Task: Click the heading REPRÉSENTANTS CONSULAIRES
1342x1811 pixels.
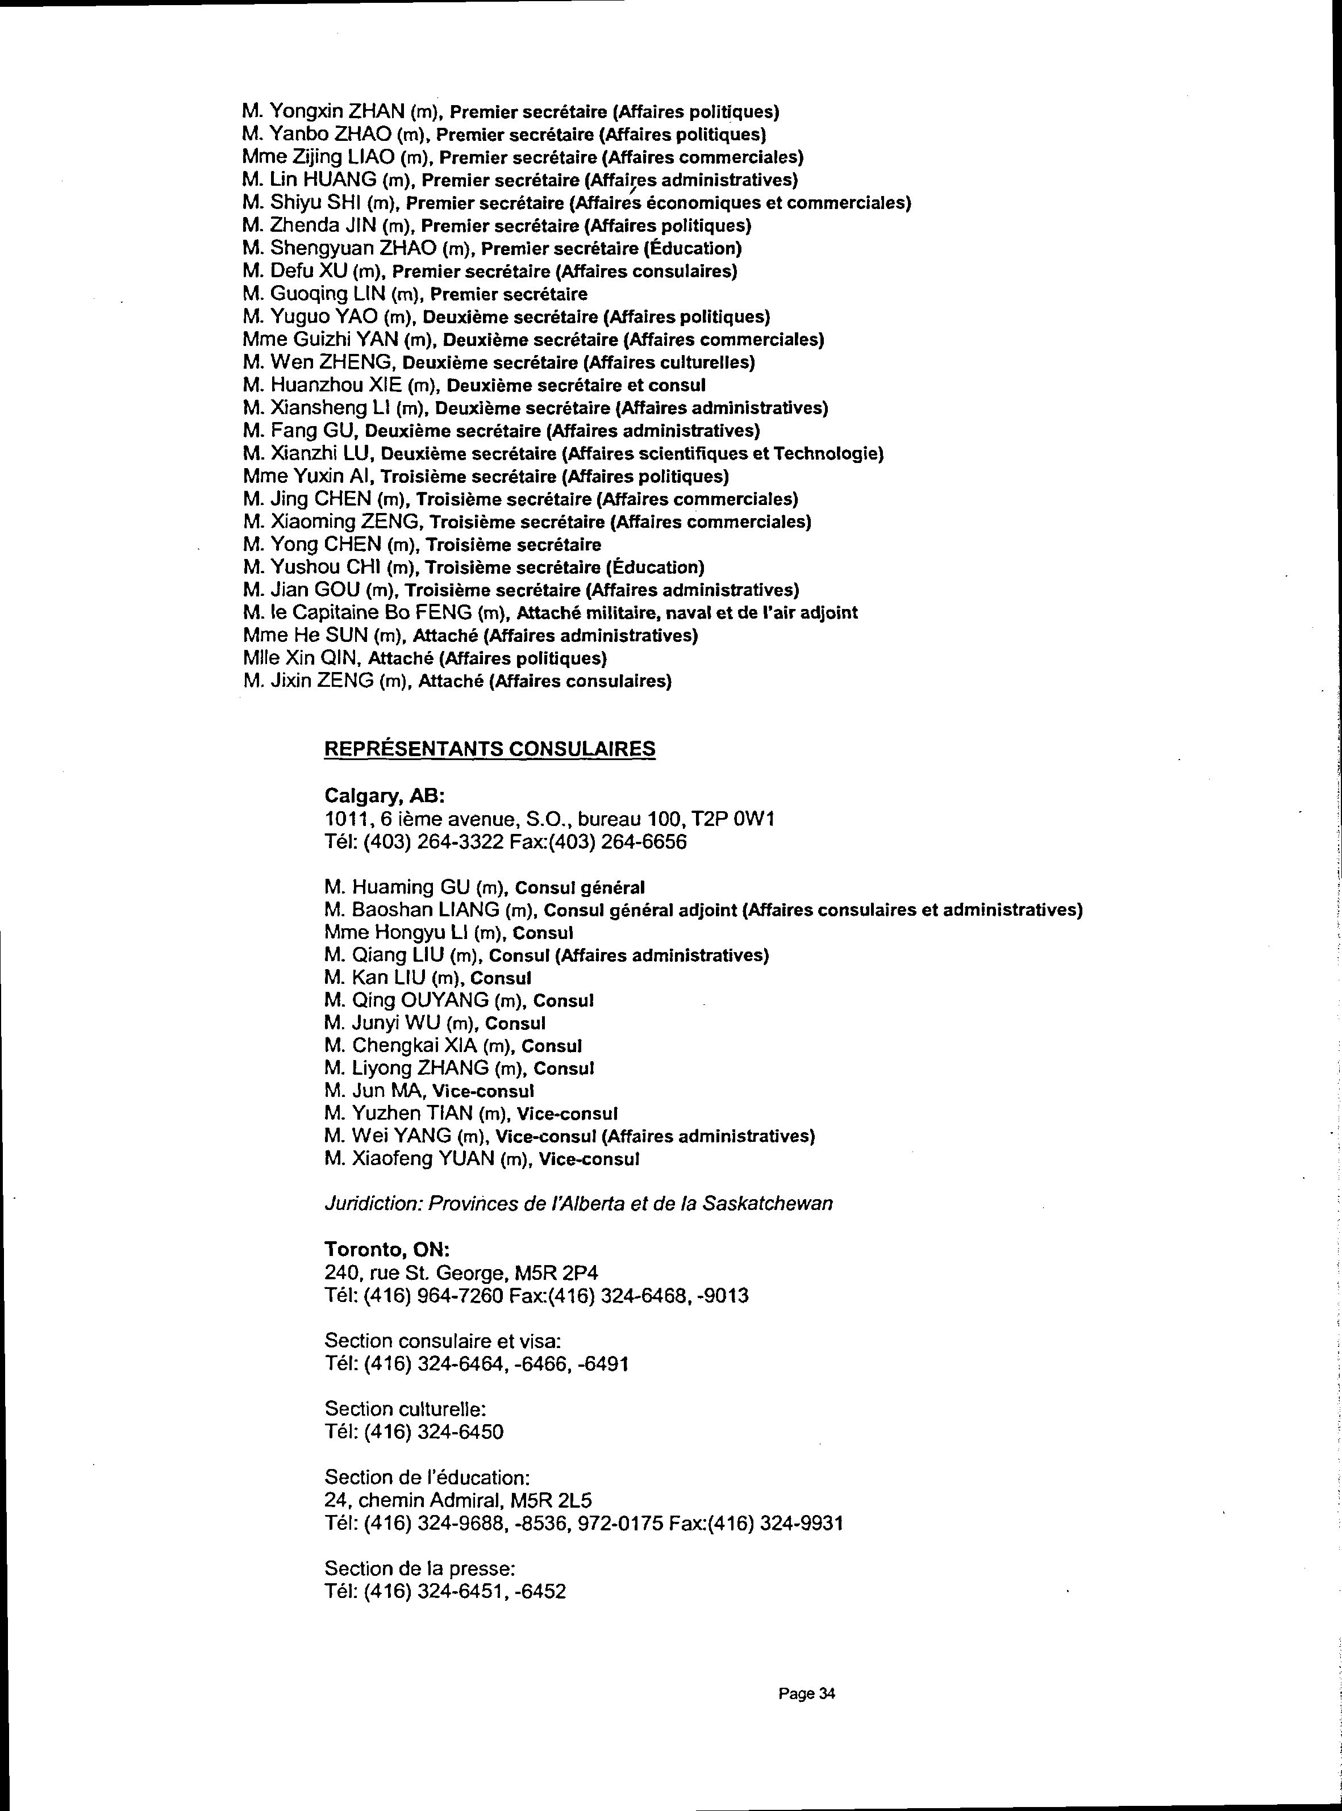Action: coord(489,748)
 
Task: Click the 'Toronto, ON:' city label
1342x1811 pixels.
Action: coord(387,1249)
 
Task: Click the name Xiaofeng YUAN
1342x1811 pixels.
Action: coord(423,1158)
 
